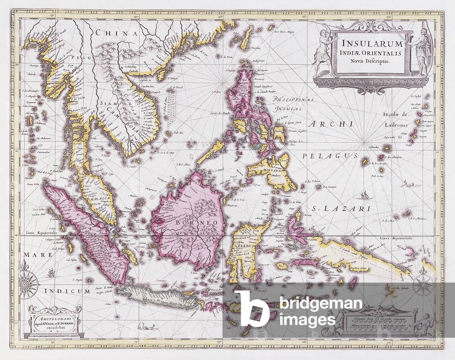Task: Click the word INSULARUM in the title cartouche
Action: pos(371,44)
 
